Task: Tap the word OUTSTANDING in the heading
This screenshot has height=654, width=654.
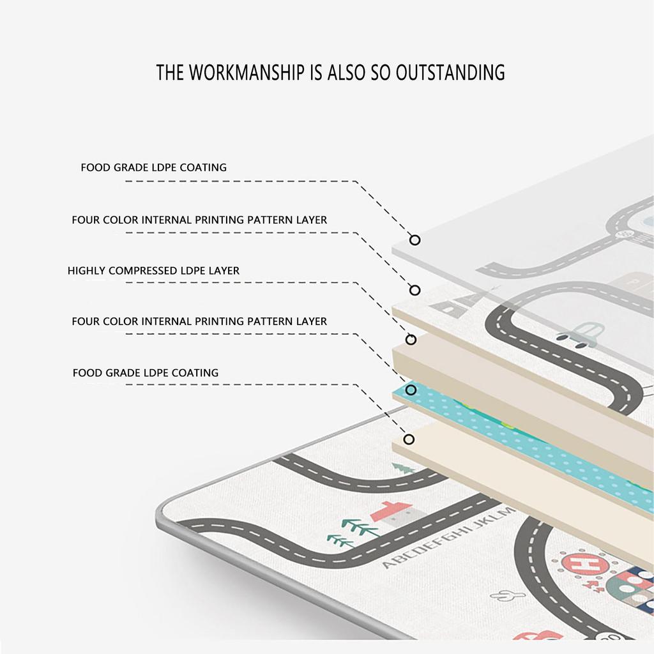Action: [450, 72]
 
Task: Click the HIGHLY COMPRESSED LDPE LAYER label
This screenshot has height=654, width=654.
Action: [153, 271]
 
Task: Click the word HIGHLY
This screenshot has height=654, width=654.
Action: [86, 271]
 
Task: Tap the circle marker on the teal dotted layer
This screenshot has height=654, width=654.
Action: [411, 390]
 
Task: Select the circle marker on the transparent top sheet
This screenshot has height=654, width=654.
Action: [414, 240]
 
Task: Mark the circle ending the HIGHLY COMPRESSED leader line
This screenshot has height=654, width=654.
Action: [411, 340]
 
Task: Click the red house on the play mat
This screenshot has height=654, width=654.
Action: [394, 513]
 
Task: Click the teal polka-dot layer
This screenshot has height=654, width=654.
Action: [521, 442]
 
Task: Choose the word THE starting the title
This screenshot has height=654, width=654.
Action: [170, 72]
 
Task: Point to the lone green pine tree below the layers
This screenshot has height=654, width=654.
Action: [403, 468]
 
